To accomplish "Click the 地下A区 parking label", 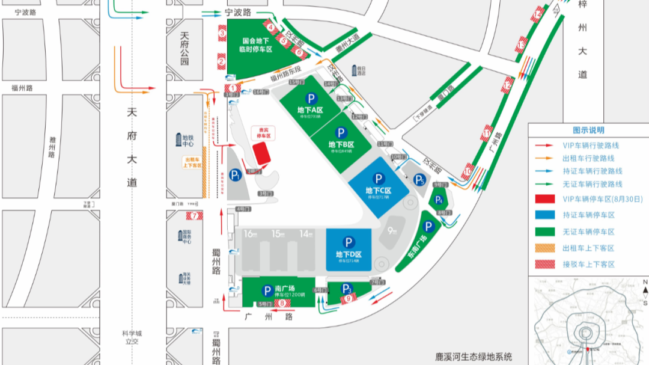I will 311,110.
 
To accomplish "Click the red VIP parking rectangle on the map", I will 261,154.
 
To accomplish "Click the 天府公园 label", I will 184,49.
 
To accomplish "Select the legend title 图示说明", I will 588,130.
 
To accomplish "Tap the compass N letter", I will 644,282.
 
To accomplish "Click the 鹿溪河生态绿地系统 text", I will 474,357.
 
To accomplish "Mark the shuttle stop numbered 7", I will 193,215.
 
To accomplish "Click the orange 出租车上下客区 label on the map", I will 192,162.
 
